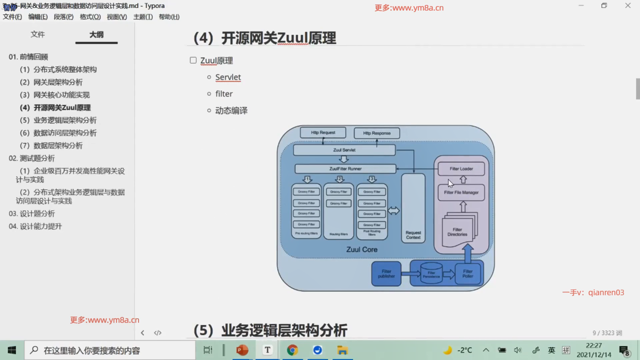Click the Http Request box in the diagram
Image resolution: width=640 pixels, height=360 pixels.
[x=323, y=133]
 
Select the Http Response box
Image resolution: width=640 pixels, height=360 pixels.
[x=377, y=133]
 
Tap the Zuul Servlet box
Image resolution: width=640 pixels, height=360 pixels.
[x=344, y=150]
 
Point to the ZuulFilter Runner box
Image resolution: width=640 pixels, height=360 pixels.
[x=345, y=169]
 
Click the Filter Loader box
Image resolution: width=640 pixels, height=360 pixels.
[x=461, y=169]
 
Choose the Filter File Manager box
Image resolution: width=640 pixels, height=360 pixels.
[x=461, y=193]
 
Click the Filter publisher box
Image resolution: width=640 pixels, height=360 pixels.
[x=386, y=274]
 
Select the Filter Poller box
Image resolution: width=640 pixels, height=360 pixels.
[x=468, y=274]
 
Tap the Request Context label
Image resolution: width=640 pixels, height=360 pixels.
[x=413, y=235]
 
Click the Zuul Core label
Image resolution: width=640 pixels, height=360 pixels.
[x=362, y=250]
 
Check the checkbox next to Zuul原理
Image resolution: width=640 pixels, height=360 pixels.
[x=193, y=60]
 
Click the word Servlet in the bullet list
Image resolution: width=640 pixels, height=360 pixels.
[x=228, y=77]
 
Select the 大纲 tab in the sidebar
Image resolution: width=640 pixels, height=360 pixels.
[x=96, y=35]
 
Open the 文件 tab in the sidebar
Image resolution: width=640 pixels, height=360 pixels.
[x=38, y=35]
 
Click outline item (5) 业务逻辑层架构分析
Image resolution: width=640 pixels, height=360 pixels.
[x=58, y=120]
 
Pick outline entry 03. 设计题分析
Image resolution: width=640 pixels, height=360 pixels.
[x=32, y=214]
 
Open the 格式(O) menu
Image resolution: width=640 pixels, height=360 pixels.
[x=90, y=17]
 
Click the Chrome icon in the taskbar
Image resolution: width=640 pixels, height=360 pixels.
[x=292, y=350]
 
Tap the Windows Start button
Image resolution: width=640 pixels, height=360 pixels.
[x=12, y=350]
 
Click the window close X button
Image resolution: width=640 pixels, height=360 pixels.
[x=628, y=6]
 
